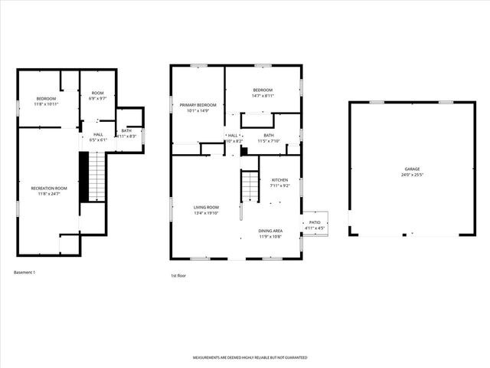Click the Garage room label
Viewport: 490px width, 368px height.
[412, 169]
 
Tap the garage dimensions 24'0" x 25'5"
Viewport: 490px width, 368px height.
[412, 175]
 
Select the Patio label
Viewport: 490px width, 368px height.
[315, 223]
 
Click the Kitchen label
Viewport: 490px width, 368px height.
[279, 180]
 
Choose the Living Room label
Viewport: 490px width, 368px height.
[207, 208]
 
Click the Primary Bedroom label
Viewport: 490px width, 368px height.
[198, 104]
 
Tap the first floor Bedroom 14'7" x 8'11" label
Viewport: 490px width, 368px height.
[263, 90]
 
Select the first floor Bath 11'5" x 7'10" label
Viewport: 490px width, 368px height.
[269, 136]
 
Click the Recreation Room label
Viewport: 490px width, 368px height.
[49, 188]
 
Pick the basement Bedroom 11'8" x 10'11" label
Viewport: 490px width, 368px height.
[47, 98]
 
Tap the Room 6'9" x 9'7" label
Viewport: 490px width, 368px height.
[97, 93]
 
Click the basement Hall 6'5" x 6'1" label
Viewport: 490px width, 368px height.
[98, 134]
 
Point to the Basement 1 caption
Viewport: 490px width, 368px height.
[25, 272]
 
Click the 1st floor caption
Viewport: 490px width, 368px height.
[179, 276]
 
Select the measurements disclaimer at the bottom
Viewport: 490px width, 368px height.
[250, 357]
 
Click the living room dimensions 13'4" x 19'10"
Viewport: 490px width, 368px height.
[207, 214]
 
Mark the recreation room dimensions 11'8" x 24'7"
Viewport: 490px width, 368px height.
[49, 194]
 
